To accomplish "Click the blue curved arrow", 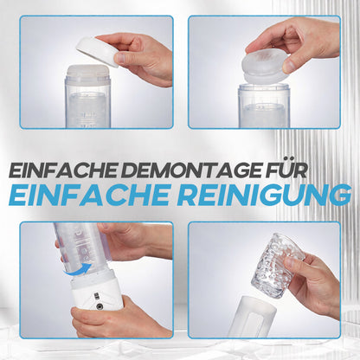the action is point(78,268).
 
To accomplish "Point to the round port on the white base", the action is point(100,306).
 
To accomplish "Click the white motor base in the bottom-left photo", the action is point(96,292).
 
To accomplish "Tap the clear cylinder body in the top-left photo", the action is point(88,98).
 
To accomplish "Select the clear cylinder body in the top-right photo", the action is point(264,106).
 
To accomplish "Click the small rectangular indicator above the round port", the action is point(96,295).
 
